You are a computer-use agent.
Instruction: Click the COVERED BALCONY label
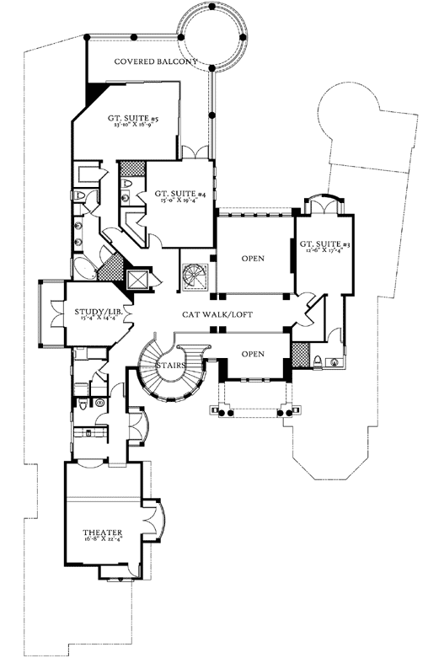(156, 62)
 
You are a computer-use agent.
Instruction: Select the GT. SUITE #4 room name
(181, 195)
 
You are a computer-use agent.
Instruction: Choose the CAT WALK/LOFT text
(217, 314)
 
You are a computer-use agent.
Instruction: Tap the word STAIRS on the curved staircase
(171, 365)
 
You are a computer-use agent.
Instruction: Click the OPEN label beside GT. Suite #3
(254, 258)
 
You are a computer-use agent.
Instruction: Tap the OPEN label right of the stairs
(253, 354)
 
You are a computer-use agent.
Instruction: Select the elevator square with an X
(136, 279)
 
